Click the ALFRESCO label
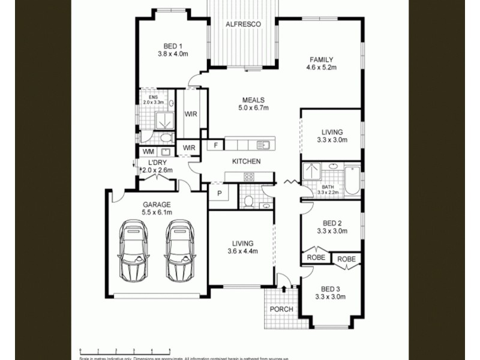tap(242, 25)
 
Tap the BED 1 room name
tap(173, 46)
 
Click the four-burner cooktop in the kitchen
tap(249, 176)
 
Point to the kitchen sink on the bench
tap(263, 145)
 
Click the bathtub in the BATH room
tap(352, 180)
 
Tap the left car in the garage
tap(133, 250)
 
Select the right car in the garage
tap(180, 250)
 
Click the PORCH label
tap(281, 309)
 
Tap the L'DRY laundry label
tap(156, 163)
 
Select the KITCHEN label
tap(246, 161)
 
